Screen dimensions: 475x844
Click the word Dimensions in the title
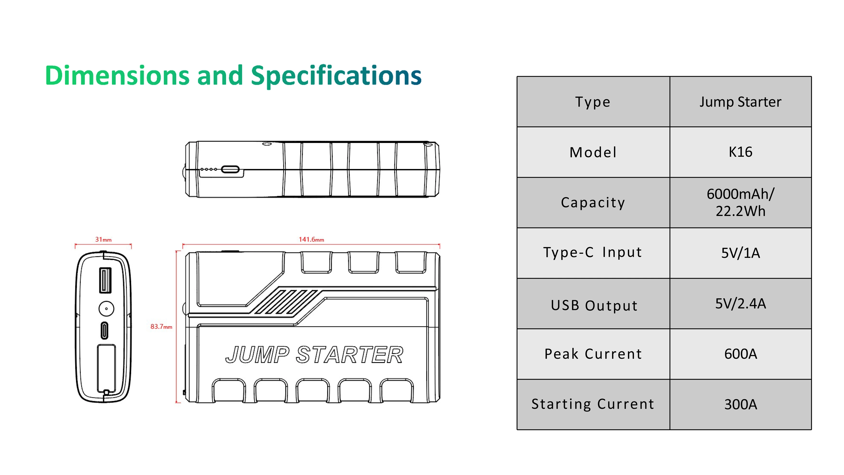[x=117, y=76]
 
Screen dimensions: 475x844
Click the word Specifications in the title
[x=336, y=76]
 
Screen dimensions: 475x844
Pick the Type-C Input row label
[x=593, y=252]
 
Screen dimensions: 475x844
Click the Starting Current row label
[x=593, y=404]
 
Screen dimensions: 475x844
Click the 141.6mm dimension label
[x=311, y=240]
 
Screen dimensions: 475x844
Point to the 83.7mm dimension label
[x=161, y=326]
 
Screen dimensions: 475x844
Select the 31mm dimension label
[x=103, y=240]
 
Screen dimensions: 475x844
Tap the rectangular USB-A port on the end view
[x=105, y=280]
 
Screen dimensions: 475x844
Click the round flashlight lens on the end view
[x=106, y=308]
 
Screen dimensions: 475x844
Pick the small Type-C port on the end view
[x=104, y=331]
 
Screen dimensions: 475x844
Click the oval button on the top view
[x=230, y=169]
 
